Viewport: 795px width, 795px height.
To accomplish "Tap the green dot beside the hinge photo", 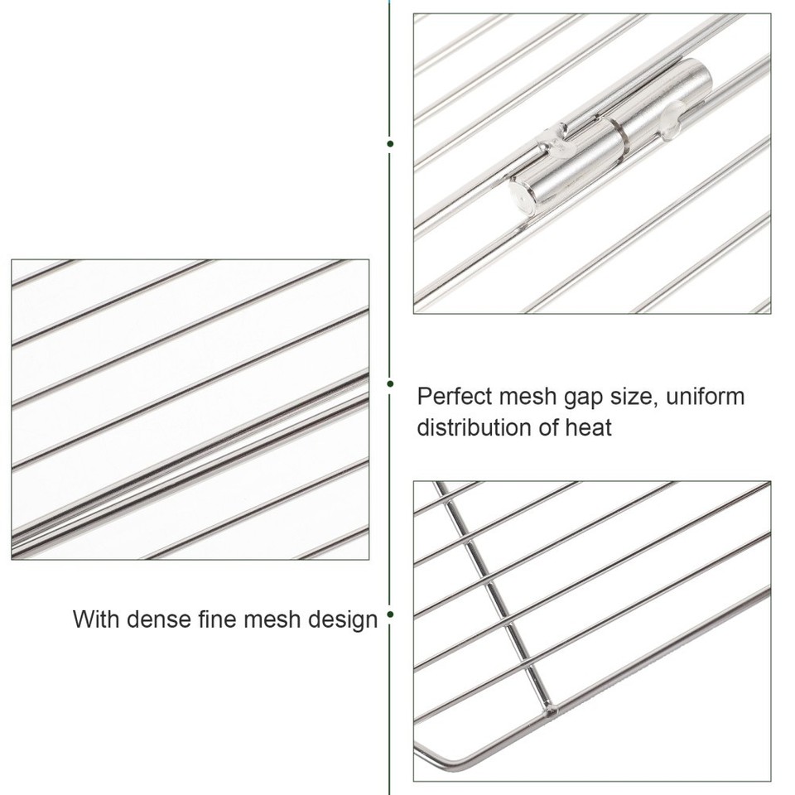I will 390,143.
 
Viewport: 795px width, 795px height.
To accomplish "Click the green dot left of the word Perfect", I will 390,383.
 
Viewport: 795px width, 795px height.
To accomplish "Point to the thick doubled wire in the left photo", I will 190,464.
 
